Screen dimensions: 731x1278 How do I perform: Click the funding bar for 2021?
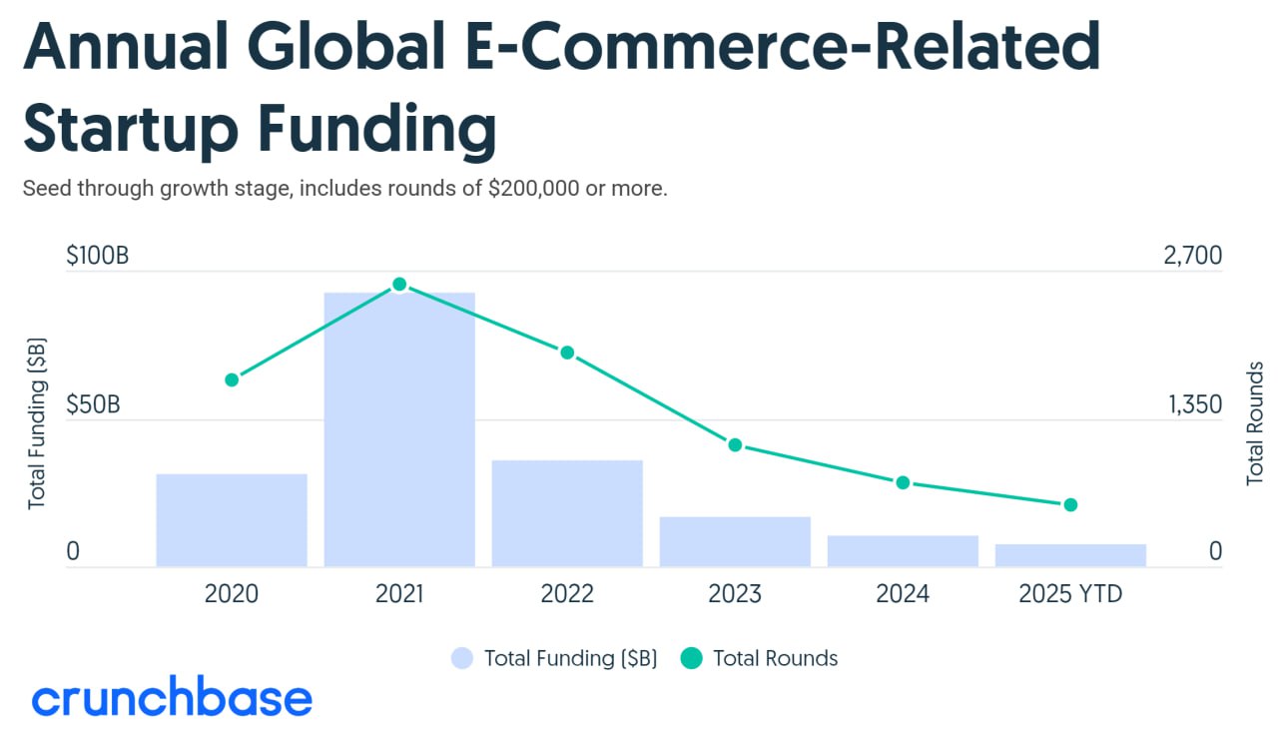[x=399, y=429]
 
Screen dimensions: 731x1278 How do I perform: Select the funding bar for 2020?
[x=232, y=520]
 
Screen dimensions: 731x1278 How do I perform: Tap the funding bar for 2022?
[x=567, y=513]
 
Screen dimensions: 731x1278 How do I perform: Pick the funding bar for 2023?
[x=735, y=541]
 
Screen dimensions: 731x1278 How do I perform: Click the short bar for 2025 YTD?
[x=1070, y=555]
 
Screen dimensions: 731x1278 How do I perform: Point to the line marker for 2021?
[x=399, y=285]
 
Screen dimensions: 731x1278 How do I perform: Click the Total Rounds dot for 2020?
[x=232, y=379]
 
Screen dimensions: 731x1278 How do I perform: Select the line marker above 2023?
[x=735, y=444]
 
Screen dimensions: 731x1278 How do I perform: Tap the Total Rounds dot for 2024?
[x=903, y=482]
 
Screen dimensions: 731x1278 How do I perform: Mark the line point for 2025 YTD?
[x=1070, y=504]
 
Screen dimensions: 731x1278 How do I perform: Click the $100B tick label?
[x=97, y=256]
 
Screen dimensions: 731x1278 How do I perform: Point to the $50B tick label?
[x=93, y=405]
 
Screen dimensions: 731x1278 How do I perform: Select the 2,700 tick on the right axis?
[x=1192, y=256]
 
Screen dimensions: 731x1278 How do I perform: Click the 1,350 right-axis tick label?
[x=1194, y=405]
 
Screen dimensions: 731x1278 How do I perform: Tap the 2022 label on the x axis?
[x=567, y=594]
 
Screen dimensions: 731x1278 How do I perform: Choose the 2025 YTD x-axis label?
[x=1070, y=594]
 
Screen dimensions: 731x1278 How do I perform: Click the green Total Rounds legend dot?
[x=691, y=658]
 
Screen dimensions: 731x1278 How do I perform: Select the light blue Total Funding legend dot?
[x=462, y=658]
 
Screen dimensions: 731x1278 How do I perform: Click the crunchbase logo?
[x=172, y=699]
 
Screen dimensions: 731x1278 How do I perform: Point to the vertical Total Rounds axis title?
[x=1255, y=423]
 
